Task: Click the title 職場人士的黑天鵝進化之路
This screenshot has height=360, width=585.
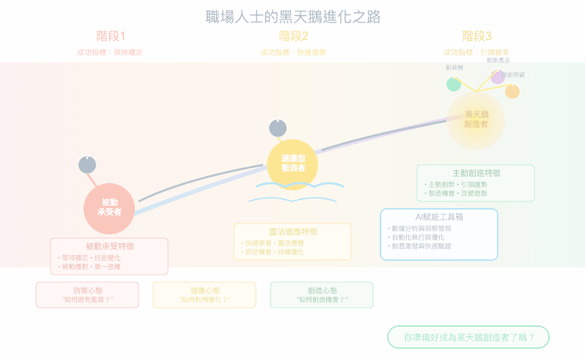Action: pos(292,16)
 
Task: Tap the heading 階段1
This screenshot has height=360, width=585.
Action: pos(111,36)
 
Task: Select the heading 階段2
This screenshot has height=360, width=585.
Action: pos(293,36)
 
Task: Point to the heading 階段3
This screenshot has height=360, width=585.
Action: pos(476,36)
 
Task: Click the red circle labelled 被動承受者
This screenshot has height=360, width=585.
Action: pos(109,208)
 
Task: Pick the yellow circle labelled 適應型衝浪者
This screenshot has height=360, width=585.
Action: pos(292,164)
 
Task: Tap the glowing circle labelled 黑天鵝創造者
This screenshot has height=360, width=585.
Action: pos(475,119)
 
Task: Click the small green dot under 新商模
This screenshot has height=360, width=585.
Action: pos(453,84)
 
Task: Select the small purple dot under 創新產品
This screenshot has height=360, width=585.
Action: pos(497,76)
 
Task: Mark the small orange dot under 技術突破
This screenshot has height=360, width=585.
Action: pos(512,91)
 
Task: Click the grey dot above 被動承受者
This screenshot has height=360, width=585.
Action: pos(87,165)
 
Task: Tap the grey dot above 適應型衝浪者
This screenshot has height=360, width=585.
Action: pos(277,128)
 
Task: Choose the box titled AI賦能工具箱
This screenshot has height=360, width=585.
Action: pos(438,234)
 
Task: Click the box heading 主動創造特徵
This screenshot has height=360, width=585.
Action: pos(476,173)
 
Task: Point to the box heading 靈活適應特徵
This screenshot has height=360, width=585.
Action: pos(292,231)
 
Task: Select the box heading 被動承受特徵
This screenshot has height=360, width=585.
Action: pos(109,246)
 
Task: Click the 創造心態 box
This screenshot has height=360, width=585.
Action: pos(321,295)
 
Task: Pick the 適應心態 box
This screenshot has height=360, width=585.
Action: pos(204,295)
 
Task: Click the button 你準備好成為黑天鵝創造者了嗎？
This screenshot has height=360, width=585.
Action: pos(468,337)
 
